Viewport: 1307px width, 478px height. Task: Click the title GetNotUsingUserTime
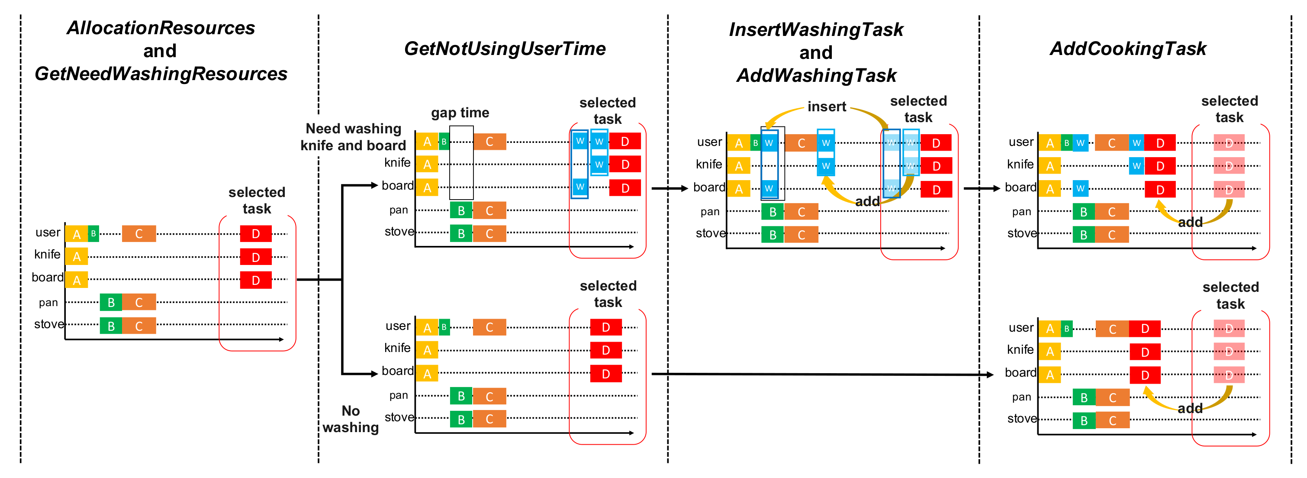click(504, 49)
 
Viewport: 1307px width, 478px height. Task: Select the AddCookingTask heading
click(1127, 49)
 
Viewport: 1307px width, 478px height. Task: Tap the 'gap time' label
click(460, 113)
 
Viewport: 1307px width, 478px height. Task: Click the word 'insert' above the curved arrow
click(827, 107)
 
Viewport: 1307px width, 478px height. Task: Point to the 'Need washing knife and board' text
click(353, 137)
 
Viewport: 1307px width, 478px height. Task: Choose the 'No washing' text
click(351, 419)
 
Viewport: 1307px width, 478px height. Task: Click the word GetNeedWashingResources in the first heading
click(161, 74)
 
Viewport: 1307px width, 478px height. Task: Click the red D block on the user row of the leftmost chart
click(256, 233)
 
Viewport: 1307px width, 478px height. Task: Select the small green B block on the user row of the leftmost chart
click(93, 233)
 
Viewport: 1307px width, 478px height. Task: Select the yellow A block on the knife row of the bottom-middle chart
click(427, 350)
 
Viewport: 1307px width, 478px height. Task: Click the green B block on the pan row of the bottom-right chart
click(1084, 397)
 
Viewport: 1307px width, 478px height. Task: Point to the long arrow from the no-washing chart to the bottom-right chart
click(822, 375)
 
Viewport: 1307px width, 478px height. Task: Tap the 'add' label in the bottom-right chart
click(1190, 408)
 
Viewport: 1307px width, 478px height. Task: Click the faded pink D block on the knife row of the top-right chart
click(1228, 166)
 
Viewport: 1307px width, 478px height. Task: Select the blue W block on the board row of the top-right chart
click(1080, 188)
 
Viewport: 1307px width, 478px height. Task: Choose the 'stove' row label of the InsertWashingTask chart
click(710, 233)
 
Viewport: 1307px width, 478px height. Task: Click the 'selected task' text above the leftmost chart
click(257, 200)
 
